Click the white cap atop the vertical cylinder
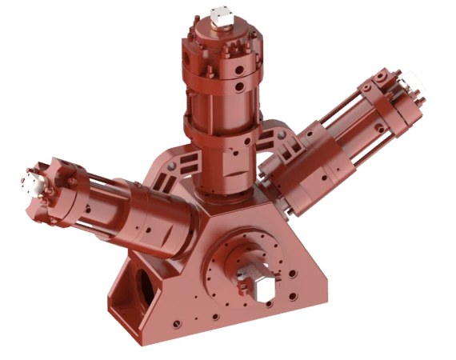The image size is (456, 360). (x=220, y=15)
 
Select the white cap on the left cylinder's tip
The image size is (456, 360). (x=32, y=182)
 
